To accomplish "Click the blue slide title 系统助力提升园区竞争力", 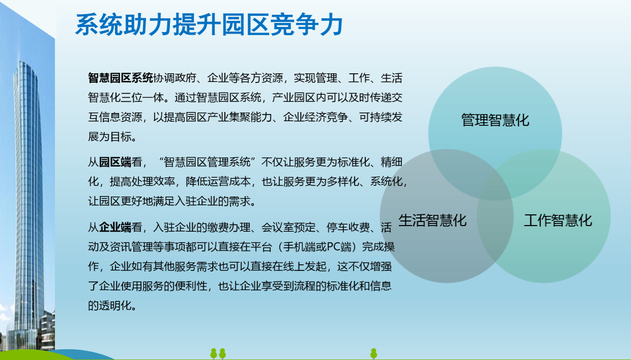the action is [209, 24].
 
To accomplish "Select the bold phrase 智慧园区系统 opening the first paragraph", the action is [121, 78].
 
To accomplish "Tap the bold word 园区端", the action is [115, 162].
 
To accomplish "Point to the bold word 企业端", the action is [115, 227].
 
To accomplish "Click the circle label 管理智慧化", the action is [495, 120].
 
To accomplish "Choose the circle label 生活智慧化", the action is [433, 220].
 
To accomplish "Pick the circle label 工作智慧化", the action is [558, 220].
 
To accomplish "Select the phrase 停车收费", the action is [348, 227].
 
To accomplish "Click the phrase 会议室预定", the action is [288, 227].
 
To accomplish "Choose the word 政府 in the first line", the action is [185, 78].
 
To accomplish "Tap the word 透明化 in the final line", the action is [115, 306].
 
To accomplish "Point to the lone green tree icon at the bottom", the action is [374, 353].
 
